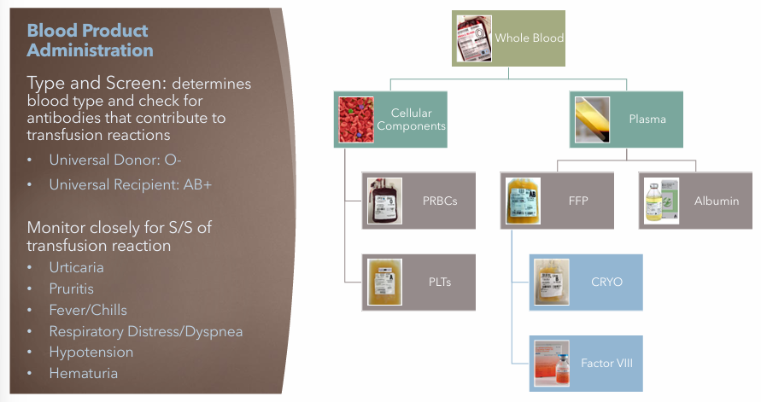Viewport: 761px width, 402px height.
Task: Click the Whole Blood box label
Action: click(530, 38)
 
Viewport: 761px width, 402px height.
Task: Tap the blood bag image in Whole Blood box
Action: click(475, 38)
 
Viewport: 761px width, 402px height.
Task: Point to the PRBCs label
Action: click(439, 201)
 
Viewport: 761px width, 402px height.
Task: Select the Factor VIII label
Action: click(607, 364)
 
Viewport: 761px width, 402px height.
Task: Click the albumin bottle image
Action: click(661, 201)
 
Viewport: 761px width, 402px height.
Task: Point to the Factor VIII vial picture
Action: click(552, 364)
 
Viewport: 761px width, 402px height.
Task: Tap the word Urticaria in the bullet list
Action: click(76, 267)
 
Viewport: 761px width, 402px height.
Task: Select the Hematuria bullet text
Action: click(83, 373)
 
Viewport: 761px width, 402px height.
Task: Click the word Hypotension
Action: click(91, 352)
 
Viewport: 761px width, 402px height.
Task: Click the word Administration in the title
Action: click(91, 50)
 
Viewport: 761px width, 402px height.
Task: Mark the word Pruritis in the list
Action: click(70, 288)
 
